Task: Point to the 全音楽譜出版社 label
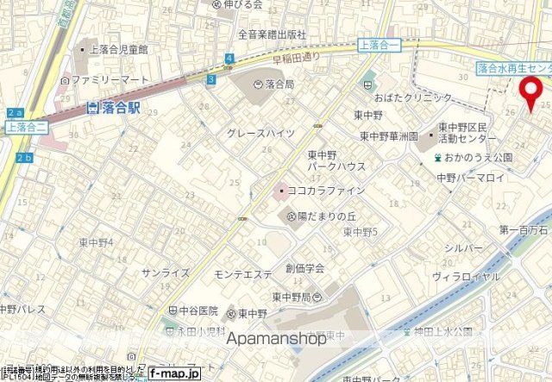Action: coord(272,34)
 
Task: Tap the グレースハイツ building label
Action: coord(260,133)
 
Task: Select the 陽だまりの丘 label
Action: coord(327,216)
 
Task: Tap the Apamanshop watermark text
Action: coord(276,338)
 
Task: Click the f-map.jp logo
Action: coord(173,374)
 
